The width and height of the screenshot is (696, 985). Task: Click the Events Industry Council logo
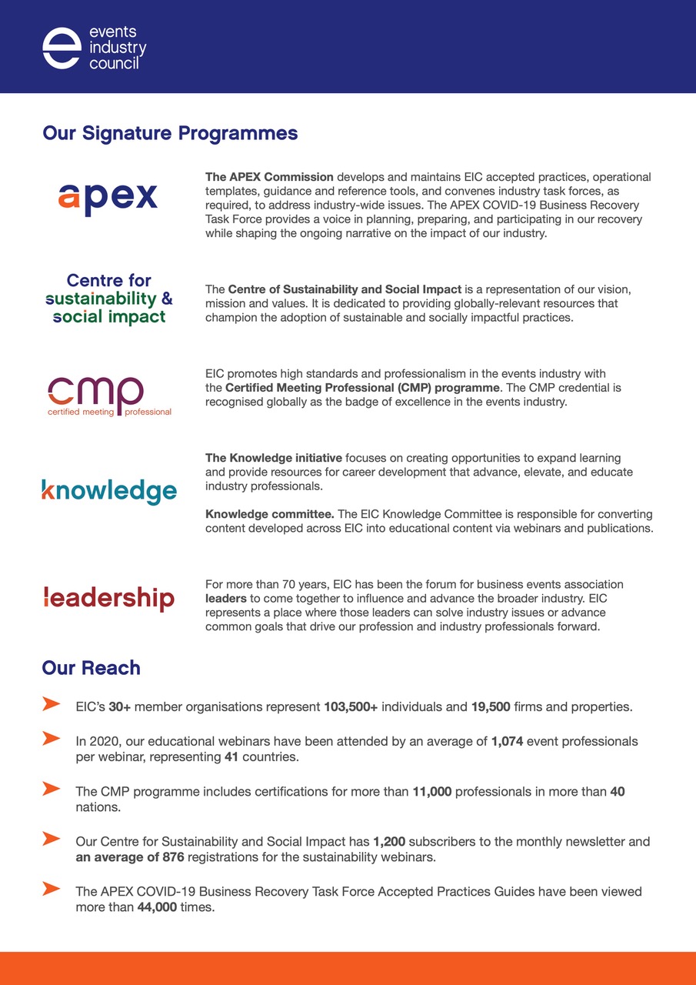[x=94, y=48]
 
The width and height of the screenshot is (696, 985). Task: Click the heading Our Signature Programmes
[x=170, y=133]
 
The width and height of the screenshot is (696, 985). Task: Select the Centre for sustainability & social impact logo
[x=108, y=299]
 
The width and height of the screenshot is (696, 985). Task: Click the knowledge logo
[x=108, y=491]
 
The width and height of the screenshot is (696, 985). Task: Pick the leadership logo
[x=108, y=598]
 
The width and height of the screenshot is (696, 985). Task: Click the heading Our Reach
[x=91, y=668]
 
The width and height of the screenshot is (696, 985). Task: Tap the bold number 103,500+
[x=351, y=706]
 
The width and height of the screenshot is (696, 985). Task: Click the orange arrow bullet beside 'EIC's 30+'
[x=51, y=703]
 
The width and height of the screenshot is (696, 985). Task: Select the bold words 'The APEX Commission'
[x=269, y=177]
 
